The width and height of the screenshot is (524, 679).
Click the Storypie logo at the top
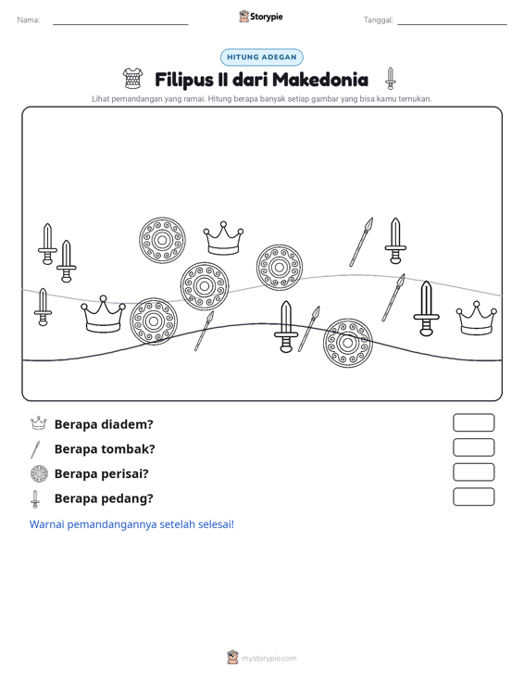261,17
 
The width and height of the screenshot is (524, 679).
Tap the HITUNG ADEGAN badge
262,57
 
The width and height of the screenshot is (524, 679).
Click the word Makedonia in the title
320,80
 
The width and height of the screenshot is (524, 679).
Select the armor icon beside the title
132,79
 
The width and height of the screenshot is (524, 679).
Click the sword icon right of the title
391,79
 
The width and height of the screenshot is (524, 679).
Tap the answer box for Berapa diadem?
473,422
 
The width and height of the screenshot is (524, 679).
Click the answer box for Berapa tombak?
473,447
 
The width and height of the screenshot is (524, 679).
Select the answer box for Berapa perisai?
473,472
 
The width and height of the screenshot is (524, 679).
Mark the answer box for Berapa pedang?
473,497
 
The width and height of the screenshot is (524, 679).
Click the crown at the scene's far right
477,319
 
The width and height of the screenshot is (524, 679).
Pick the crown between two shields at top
223,239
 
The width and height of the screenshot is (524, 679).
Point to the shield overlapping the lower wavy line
347,343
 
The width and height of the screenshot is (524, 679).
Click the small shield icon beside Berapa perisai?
39,473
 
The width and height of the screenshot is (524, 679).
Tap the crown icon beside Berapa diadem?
39,423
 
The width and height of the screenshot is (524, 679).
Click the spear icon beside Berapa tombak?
35,449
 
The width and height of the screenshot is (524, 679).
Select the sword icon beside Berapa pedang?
35,499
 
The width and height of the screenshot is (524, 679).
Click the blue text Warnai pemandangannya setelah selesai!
131,524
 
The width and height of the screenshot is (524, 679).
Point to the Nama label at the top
29,20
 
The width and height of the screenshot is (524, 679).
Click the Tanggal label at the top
379,20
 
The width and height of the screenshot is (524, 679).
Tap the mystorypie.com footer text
269,659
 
